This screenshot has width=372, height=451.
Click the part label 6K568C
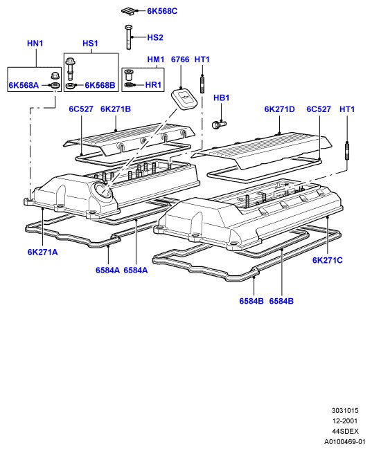[x=162, y=11]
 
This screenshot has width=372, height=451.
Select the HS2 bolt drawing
[x=129, y=37]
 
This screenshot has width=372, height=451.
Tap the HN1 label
[x=35, y=44]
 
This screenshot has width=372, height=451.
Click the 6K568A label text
[x=24, y=85]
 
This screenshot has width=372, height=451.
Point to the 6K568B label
[x=100, y=85]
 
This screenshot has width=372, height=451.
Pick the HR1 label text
[x=153, y=85]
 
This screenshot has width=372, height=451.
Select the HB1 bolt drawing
[x=219, y=125]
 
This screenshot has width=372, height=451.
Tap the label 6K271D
[x=279, y=109]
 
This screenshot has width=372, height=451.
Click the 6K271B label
[x=116, y=109]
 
